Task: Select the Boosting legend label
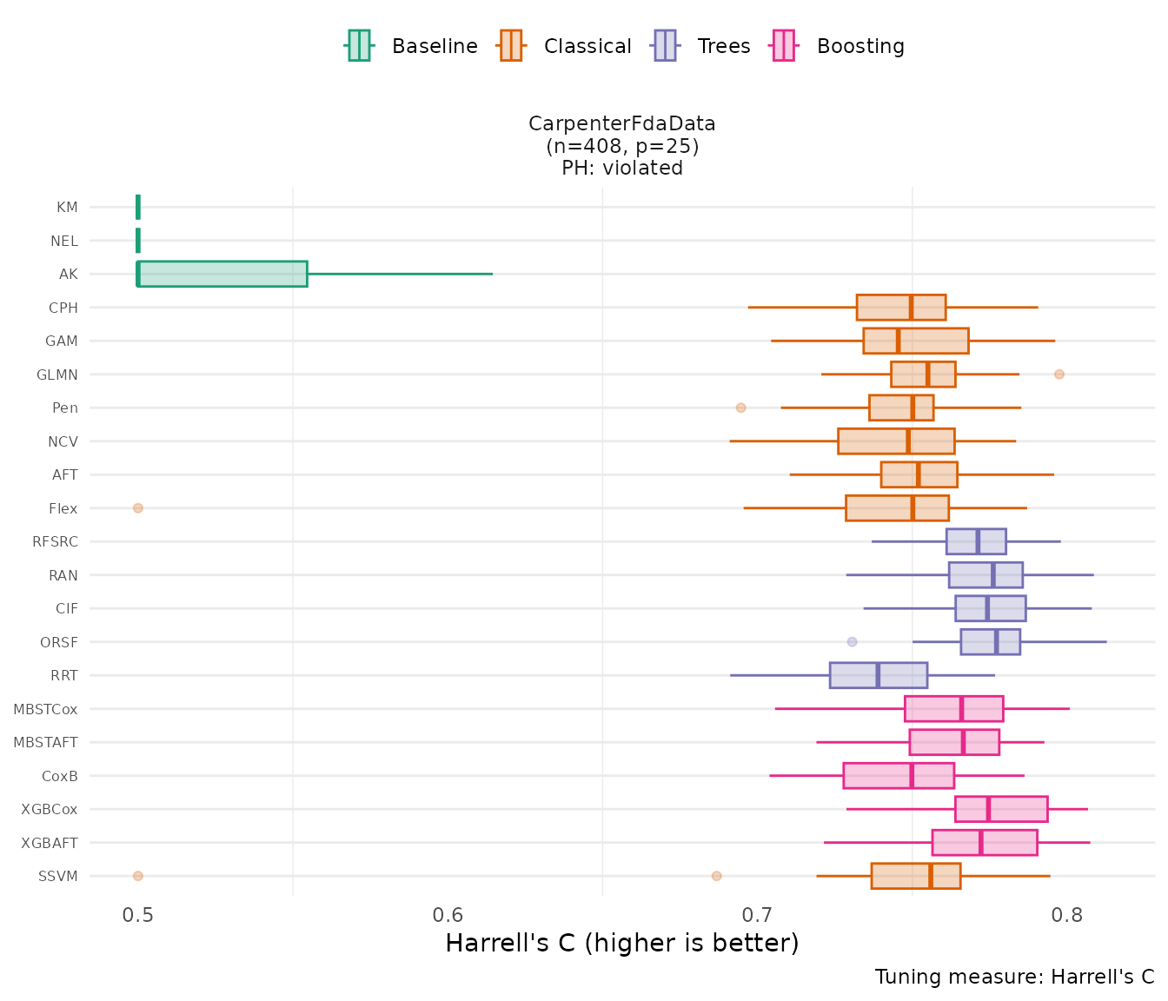[x=860, y=46]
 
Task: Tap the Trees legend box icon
[x=665, y=45]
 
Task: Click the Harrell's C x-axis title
[x=621, y=944]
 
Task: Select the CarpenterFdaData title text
[x=622, y=124]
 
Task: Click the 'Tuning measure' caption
[x=1014, y=977]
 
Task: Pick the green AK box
[x=222, y=274]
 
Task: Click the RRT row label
[x=64, y=675]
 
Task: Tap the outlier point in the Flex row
[x=137, y=508]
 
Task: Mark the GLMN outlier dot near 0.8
[x=1058, y=375]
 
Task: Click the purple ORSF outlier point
[x=852, y=642]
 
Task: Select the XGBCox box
[x=1000, y=809]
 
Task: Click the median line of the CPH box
[x=911, y=308]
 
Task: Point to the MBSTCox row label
[x=45, y=709]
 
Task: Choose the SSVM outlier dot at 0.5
[x=137, y=876]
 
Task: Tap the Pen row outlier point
[x=740, y=408]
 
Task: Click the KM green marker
[x=138, y=207]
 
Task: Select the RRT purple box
[x=878, y=675]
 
